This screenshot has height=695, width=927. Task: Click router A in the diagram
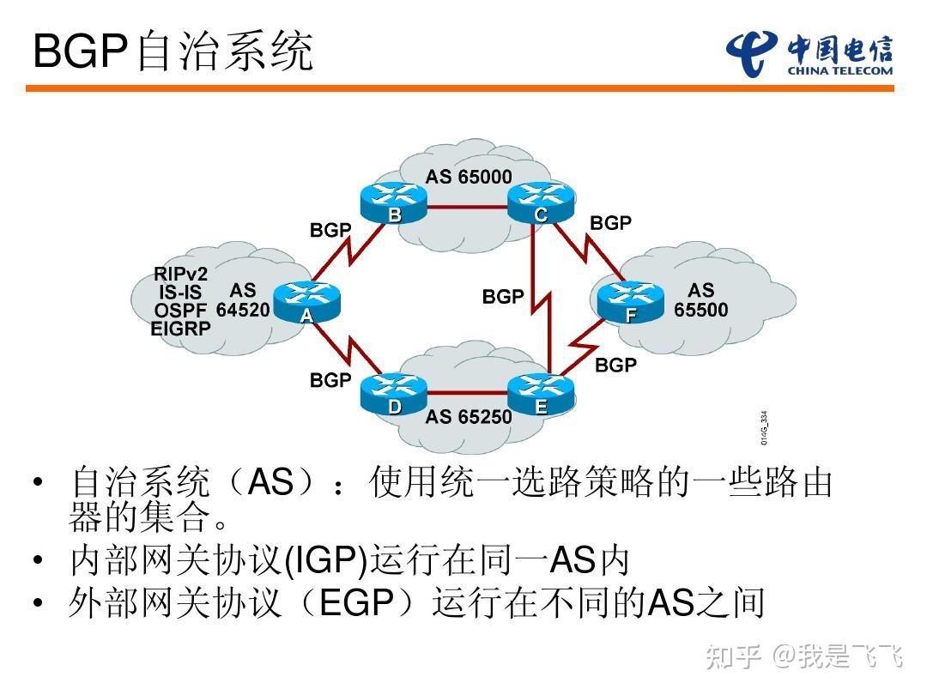coord(307,301)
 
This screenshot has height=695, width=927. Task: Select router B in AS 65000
coord(394,202)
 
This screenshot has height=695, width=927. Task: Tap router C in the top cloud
coord(540,202)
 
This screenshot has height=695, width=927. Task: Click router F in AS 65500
coord(631,301)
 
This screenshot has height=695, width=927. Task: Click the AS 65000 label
coord(469,178)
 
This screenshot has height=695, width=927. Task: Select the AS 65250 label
coord(469,417)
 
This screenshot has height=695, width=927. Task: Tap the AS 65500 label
coord(700,300)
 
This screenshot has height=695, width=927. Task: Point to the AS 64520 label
coord(243,300)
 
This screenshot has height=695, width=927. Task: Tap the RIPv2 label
coord(180,275)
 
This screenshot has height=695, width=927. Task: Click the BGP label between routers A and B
coord(330,230)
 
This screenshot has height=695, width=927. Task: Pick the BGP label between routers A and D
coord(330,380)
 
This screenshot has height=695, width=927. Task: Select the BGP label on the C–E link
coord(503,297)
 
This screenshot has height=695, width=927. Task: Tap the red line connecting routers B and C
coord(467,207)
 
